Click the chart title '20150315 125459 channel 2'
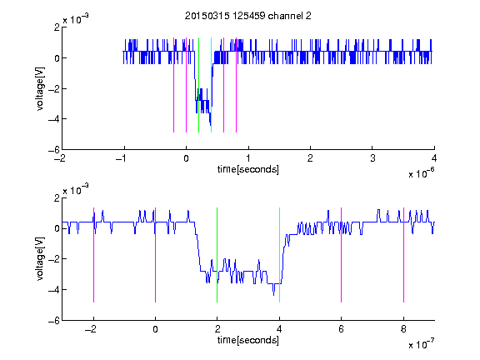(248, 16)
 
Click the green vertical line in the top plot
(198, 85)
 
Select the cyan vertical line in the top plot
(211, 85)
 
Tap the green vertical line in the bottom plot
(217, 255)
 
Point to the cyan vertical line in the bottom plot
(279, 255)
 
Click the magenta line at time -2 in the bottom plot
(93, 255)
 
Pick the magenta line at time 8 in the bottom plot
(404, 255)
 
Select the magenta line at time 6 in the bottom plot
(342, 255)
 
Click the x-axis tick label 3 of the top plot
(372, 158)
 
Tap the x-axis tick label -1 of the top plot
(122, 158)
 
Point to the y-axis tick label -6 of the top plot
(54, 150)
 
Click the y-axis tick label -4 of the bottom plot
(54, 290)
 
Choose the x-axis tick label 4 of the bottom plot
(279, 329)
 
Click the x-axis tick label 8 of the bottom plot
(403, 329)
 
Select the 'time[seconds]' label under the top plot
(248, 169)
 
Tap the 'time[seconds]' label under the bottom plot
(248, 340)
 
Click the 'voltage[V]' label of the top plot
(40, 89)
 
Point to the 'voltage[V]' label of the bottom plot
(40, 259)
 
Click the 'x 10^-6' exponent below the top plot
(421, 173)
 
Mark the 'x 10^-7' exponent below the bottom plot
(421, 344)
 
